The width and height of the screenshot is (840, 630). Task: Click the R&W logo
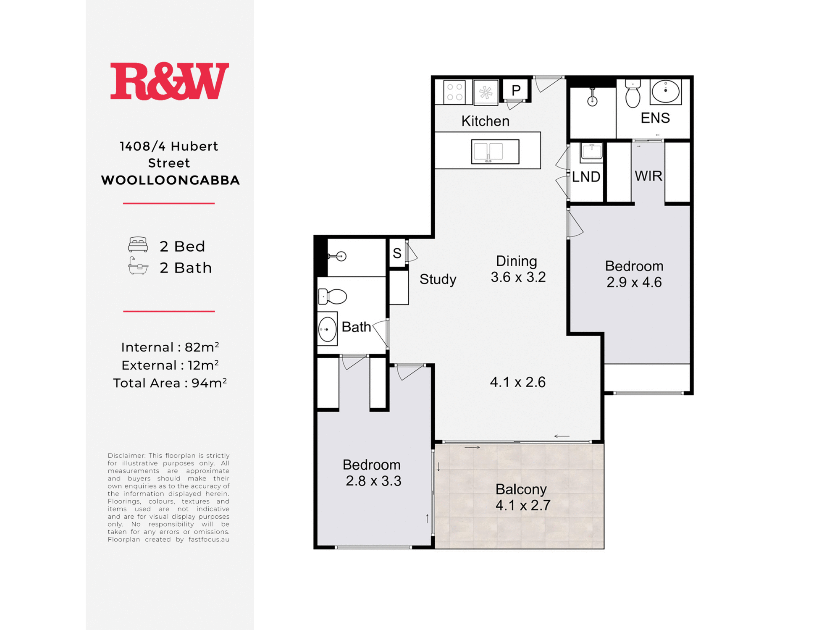coord(170,81)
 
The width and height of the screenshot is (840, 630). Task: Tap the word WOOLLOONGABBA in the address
coord(171,180)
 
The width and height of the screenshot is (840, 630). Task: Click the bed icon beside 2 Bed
coord(138,244)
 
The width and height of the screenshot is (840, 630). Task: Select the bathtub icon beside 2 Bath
coord(138,266)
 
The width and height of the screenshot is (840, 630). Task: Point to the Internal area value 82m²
coord(202,347)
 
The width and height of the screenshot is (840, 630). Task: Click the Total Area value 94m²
coord(209,383)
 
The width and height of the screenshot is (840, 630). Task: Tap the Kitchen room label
coord(486,121)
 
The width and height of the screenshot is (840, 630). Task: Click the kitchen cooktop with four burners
coord(454,92)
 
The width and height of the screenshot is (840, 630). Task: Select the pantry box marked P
coord(516,90)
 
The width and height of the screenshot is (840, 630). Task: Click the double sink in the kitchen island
coord(495,151)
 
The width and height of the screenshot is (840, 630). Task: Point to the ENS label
coord(655,118)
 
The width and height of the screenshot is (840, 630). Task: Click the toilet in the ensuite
coord(633,93)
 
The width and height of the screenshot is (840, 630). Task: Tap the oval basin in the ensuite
coord(666,91)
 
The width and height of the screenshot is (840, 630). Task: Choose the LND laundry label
coord(586,177)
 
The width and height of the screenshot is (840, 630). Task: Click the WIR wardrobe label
coord(648,176)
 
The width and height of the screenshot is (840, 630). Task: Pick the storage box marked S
coord(397,253)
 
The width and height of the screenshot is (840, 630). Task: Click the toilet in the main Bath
coord(332,297)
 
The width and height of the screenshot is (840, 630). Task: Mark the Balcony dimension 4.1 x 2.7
coord(523,505)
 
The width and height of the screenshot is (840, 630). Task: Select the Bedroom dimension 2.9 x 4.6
coord(634,282)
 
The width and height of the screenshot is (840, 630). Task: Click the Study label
coord(438,279)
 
